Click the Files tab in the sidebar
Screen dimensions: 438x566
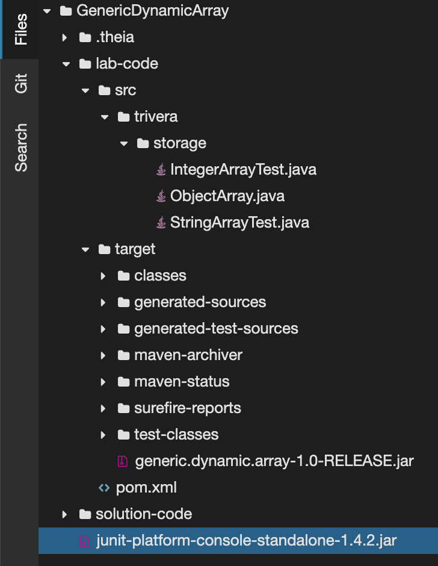click(x=21, y=30)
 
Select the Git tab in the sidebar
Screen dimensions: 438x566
click(x=21, y=83)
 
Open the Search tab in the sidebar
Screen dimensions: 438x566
click(x=21, y=148)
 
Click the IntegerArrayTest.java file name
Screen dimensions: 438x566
click(x=243, y=170)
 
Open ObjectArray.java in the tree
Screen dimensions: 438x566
click(x=227, y=196)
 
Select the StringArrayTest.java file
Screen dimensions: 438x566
click(x=239, y=223)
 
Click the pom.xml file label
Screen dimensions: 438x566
click(x=146, y=488)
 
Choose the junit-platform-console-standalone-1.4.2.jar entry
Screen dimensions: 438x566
click(x=247, y=541)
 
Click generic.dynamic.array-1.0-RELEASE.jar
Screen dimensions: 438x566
click(x=274, y=461)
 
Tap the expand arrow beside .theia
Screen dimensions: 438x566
click(x=64, y=37)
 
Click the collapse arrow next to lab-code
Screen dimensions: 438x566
click(x=66, y=64)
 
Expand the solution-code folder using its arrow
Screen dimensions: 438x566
click(x=64, y=514)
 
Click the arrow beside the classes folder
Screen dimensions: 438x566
click(x=103, y=276)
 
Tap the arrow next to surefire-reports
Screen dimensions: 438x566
click(x=103, y=408)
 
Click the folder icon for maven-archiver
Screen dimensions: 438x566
click(x=124, y=355)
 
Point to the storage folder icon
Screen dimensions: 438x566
click(x=143, y=144)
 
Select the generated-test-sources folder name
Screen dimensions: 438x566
click(x=216, y=329)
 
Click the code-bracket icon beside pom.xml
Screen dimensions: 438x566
click(x=104, y=488)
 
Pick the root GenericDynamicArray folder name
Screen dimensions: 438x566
click(x=153, y=11)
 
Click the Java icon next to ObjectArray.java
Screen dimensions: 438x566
click(x=161, y=196)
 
